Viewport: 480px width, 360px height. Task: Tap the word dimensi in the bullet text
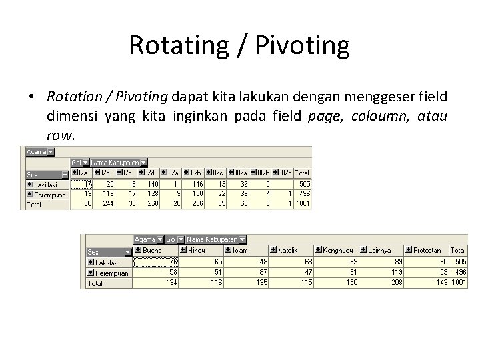click(x=71, y=117)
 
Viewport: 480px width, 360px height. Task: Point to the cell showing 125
click(x=105, y=184)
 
